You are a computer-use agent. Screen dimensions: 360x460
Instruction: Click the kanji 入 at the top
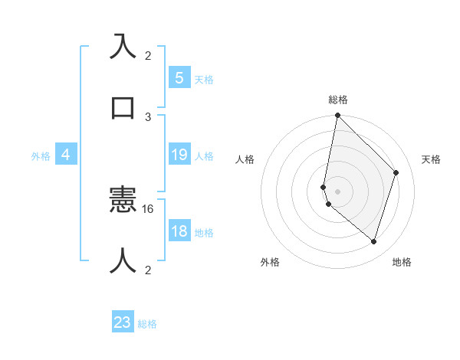click(123, 47)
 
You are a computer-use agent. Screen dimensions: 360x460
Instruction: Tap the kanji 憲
click(123, 201)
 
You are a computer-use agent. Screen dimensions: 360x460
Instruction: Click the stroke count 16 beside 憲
click(149, 208)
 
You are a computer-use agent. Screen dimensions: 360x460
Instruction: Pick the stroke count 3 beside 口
click(148, 116)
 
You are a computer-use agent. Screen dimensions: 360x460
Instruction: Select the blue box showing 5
click(179, 78)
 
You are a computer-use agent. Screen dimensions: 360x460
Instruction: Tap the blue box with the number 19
click(179, 155)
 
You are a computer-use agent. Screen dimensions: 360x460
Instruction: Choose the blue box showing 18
click(179, 232)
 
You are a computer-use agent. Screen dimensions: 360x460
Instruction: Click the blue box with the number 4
click(66, 155)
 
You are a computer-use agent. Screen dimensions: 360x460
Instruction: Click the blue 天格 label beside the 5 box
click(204, 79)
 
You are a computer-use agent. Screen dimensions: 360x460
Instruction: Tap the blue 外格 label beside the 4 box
click(41, 156)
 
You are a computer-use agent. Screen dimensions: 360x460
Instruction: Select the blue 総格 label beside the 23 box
click(147, 324)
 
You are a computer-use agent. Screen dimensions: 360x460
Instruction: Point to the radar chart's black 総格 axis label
click(338, 100)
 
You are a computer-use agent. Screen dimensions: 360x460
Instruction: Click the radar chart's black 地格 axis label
click(402, 263)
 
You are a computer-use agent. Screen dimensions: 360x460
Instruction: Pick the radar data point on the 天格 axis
click(396, 172)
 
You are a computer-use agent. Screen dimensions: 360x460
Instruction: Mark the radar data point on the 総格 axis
click(337, 116)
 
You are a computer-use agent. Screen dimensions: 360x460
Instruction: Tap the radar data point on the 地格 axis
click(374, 242)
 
